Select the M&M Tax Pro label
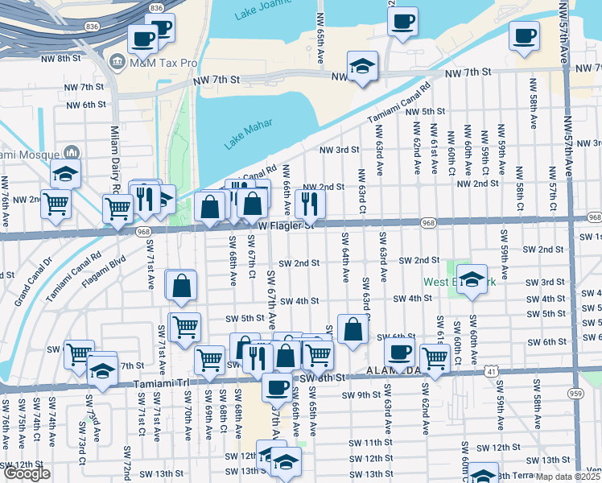(x=157, y=62)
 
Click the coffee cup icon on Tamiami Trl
(x=278, y=386)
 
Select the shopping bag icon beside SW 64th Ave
(x=353, y=328)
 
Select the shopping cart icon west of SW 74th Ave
(x=56, y=203)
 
